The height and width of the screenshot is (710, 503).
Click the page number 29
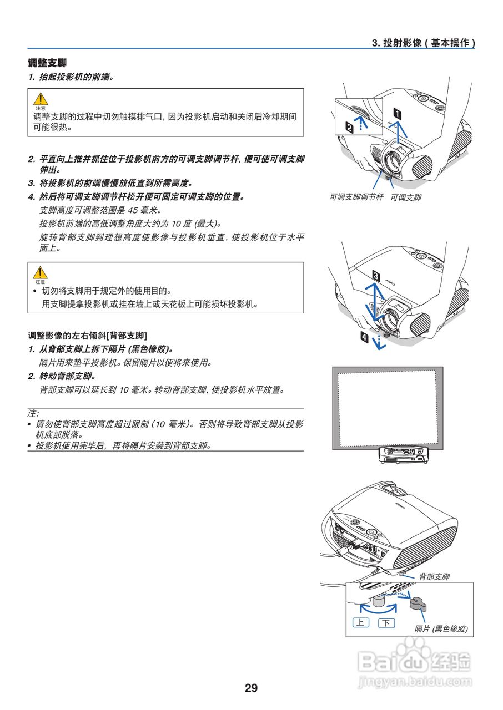[251, 688]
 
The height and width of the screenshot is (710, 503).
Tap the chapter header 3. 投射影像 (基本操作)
[423, 43]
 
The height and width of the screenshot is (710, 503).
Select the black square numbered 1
[398, 115]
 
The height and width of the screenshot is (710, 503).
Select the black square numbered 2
[349, 128]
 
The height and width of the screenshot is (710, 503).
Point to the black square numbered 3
[376, 275]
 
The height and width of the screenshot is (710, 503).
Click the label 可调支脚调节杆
[356, 197]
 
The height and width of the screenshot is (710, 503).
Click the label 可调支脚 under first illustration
[406, 197]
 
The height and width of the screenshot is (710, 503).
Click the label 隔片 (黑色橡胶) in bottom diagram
[441, 629]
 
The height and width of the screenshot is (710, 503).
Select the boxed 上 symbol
[360, 622]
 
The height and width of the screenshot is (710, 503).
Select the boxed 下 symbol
[386, 623]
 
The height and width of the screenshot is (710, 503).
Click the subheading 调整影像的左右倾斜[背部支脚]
[87, 336]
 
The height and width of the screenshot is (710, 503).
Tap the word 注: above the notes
[33, 414]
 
